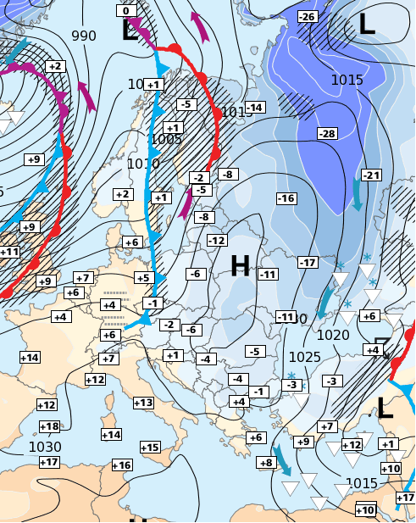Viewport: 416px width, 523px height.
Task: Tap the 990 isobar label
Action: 84,36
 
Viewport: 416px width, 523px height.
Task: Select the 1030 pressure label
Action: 45,447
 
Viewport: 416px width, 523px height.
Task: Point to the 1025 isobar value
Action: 304,357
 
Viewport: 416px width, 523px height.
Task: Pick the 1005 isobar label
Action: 166,140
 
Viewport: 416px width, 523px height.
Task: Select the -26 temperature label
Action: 308,17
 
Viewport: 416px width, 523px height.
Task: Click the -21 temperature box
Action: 371,175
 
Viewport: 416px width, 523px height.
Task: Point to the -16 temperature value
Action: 286,198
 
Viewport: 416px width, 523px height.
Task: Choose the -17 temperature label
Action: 308,262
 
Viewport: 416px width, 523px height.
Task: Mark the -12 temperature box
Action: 216,241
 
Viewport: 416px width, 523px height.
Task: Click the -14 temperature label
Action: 254,107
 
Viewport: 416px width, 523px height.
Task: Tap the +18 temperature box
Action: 49,426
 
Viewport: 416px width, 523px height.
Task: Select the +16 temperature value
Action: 122,465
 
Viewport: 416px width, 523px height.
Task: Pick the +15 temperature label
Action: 150,448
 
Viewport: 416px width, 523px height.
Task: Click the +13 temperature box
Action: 143,403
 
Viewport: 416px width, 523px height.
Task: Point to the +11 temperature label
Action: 8,252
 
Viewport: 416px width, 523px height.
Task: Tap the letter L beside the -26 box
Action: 366,24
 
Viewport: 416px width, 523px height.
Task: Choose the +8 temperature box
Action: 266,463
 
